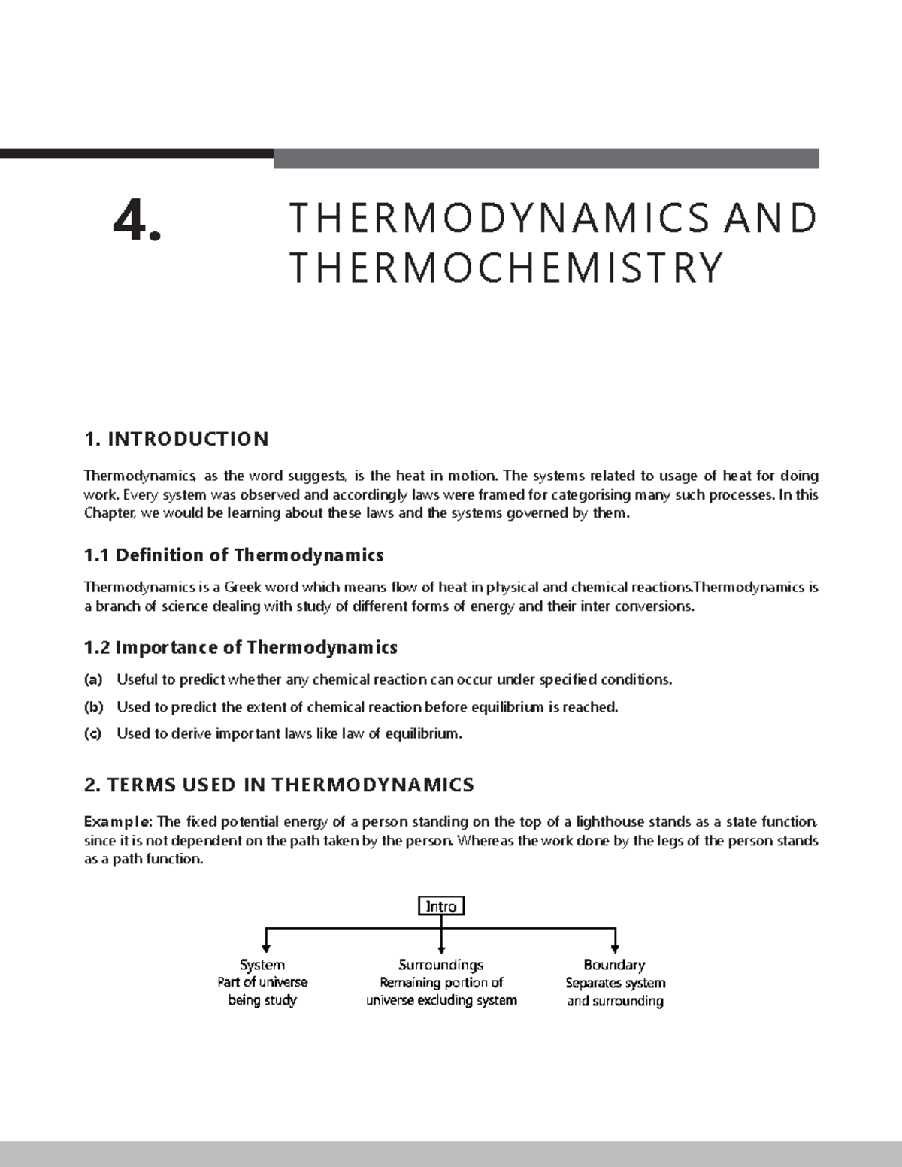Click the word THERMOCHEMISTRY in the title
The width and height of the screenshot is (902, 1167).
coord(506,268)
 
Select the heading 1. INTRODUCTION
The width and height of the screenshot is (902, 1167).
coord(176,439)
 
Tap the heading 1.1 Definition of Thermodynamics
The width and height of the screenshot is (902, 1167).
coord(234,555)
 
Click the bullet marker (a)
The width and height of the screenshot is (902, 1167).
coord(93,680)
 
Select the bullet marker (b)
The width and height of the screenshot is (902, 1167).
coord(93,707)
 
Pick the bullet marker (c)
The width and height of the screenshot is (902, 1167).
coord(93,734)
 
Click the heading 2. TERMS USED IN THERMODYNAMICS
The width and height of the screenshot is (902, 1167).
coord(279,785)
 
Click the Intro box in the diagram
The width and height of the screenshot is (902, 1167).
coord(441,906)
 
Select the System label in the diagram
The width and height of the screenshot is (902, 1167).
coord(262,965)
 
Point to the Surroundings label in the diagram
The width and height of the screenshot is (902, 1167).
coord(440,965)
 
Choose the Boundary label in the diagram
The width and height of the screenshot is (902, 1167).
coord(614,965)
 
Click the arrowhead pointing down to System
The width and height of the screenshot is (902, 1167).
coord(265,949)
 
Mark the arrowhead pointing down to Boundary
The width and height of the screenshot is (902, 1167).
coord(615,949)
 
